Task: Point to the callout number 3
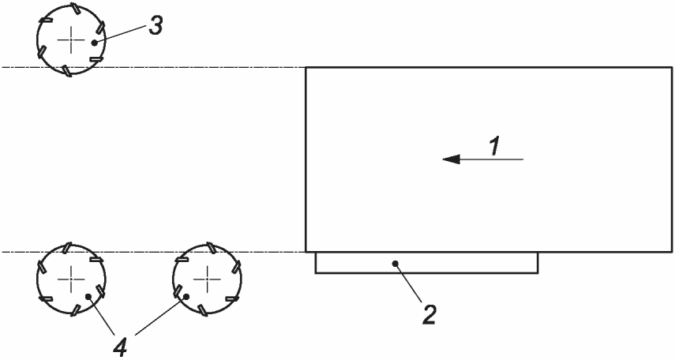tap(156, 25)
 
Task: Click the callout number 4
tap(122, 345)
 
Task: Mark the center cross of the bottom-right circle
tap(207, 278)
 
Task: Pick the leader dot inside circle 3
tap(94, 42)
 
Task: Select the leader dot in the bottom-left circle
tap(89, 297)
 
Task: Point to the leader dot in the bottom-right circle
tap(186, 296)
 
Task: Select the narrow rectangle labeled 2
tap(474, 264)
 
